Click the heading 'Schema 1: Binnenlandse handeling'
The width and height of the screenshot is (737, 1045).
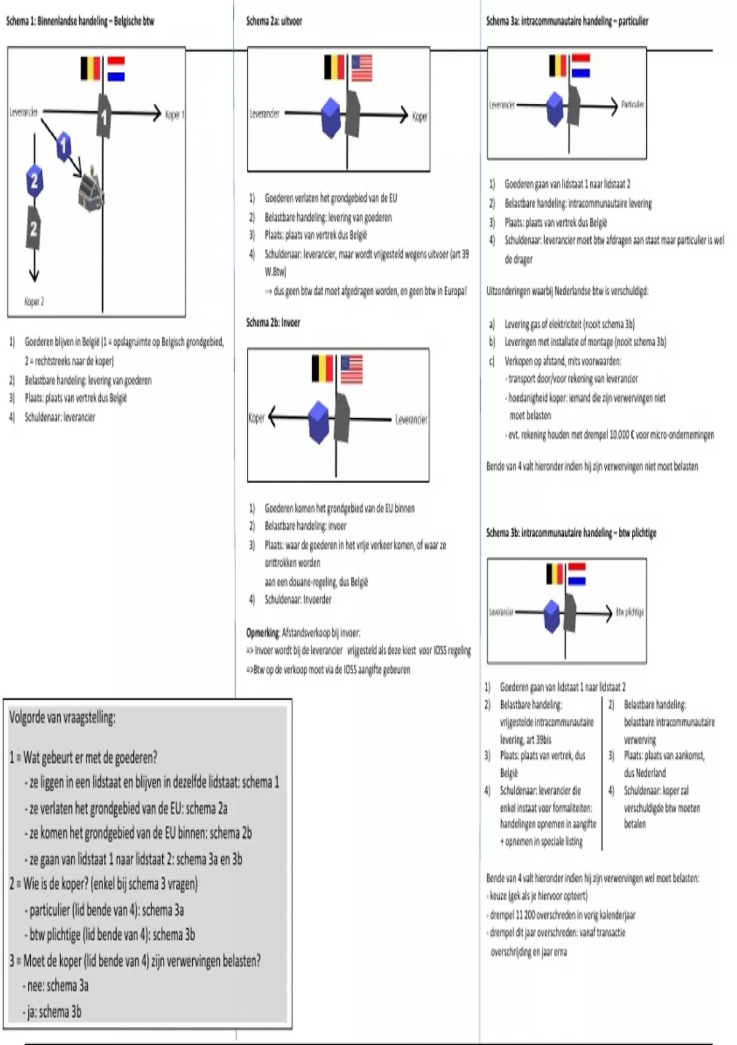coord(80,22)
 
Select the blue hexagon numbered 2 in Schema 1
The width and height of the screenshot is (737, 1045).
coord(34,181)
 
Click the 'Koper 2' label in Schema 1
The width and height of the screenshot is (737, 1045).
coord(34,301)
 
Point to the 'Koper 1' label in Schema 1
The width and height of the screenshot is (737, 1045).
coord(174,114)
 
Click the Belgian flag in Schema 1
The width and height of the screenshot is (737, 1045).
coord(90,68)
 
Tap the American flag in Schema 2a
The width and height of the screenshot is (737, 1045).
coord(362,68)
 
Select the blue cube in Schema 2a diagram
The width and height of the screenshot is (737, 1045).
coord(331,117)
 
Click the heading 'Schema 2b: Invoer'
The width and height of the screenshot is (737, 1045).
coord(273,323)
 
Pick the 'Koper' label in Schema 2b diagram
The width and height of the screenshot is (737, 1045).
coord(256,418)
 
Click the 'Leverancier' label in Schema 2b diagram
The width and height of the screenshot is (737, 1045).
coord(411,420)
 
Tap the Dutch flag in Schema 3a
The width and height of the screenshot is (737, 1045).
coord(580,66)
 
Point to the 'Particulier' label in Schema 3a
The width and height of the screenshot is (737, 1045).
coord(632,104)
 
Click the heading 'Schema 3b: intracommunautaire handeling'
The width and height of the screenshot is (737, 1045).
coord(571,533)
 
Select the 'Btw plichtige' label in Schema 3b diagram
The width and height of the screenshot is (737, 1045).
coord(630,612)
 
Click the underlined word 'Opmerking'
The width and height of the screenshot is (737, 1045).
coord(262,633)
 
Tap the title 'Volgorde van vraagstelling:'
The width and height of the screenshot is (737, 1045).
coord(62,717)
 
